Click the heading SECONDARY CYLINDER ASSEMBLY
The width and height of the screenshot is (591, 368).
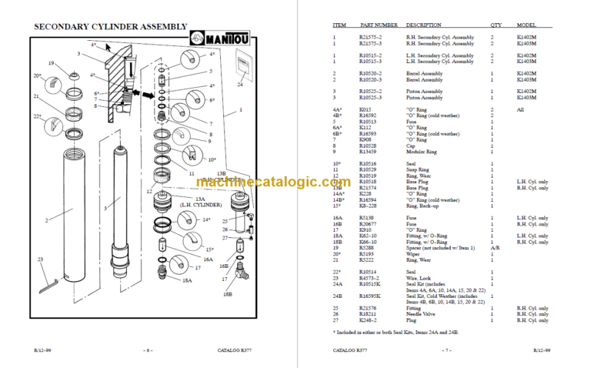110,28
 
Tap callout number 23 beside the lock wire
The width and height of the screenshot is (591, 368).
41,259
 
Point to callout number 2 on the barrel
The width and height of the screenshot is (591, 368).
47,221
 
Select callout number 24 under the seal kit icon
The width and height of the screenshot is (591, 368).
240,85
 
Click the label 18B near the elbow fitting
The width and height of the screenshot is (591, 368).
228,294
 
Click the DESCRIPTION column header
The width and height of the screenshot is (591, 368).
424,25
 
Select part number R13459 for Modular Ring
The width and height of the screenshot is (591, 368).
369,152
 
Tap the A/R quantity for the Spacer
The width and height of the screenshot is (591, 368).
492,248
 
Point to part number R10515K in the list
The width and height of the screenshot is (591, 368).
371,284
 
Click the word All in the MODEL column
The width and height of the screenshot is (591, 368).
521,109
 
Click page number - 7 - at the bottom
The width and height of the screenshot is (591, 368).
443,350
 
